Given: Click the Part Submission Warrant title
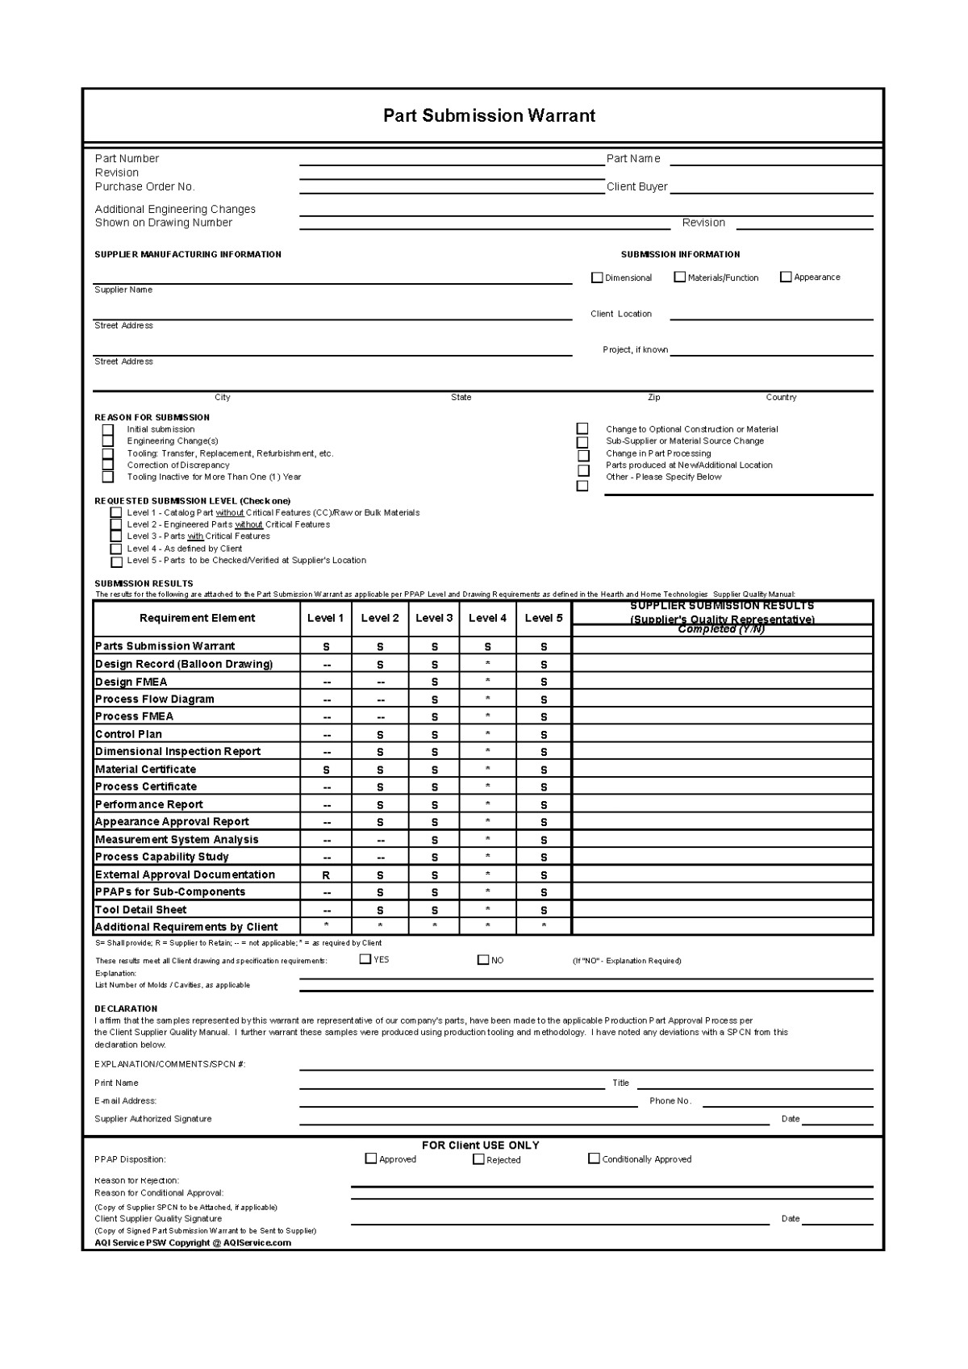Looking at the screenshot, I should click(x=489, y=115).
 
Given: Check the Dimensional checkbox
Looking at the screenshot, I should click(x=597, y=278).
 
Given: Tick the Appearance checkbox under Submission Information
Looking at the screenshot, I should click(x=786, y=277).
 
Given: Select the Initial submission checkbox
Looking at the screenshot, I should click(x=108, y=429).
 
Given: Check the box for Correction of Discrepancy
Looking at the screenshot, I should click(x=108, y=465).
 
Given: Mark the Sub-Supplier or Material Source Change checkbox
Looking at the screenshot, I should click(x=582, y=442).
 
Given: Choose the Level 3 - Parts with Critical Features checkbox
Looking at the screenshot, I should click(x=116, y=536).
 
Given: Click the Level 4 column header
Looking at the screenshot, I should click(x=487, y=618).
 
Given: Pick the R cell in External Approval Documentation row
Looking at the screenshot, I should click(x=326, y=875).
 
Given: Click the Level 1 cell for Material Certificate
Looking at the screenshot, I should click(x=326, y=770).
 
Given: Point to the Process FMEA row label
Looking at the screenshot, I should click(x=134, y=716).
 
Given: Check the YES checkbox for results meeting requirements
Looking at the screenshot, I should click(x=365, y=959).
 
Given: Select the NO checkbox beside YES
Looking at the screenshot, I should click(x=483, y=960).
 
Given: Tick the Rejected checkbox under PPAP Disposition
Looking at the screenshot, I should click(x=478, y=1159).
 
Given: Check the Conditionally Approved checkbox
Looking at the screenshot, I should click(x=595, y=1158).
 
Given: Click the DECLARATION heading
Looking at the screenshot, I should click(x=126, y=1008).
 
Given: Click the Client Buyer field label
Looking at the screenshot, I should click(x=636, y=186).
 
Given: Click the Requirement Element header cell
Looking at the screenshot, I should click(x=197, y=618).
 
